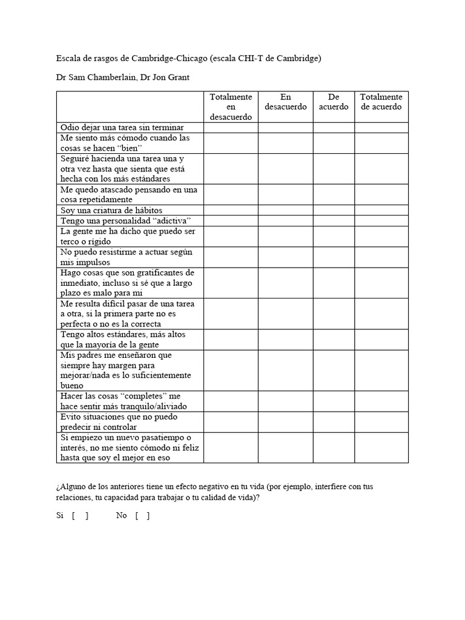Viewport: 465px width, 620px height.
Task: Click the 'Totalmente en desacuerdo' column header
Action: (x=231, y=107)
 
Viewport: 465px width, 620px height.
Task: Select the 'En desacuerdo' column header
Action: (x=285, y=102)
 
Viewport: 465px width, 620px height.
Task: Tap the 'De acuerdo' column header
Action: (x=334, y=102)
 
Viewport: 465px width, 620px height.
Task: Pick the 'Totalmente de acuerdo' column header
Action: (x=381, y=102)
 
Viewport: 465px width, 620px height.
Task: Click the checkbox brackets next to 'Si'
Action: (x=80, y=516)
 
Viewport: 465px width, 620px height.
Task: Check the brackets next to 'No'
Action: (x=142, y=516)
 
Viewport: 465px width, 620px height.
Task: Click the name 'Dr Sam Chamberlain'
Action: (x=95, y=77)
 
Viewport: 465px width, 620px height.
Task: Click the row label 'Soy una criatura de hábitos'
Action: (x=111, y=210)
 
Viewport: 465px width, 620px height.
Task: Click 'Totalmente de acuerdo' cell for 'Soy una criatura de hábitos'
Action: (x=381, y=210)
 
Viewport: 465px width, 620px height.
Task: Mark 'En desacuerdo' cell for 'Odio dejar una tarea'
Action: (x=285, y=127)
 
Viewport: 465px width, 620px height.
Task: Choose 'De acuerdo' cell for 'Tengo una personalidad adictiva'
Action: (x=334, y=220)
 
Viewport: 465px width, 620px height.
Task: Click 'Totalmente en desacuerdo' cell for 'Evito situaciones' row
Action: (x=231, y=422)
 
